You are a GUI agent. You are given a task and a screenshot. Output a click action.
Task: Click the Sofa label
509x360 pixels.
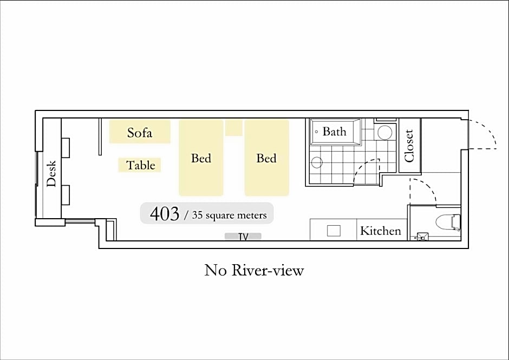point(140,133)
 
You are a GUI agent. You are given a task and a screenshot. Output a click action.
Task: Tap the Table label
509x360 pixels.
point(141,165)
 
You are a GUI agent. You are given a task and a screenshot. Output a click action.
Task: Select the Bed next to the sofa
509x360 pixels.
point(201,158)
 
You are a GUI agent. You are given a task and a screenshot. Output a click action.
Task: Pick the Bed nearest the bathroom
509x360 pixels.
point(266,158)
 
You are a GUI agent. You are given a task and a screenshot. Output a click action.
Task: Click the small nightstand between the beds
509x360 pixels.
point(234,128)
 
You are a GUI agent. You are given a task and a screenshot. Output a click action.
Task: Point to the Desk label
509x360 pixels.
point(51,173)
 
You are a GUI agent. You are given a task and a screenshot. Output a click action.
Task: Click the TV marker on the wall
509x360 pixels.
point(243,237)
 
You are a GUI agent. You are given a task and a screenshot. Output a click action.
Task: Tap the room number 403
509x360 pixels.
point(165,214)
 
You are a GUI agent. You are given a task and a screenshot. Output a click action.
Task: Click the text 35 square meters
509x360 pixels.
point(229,215)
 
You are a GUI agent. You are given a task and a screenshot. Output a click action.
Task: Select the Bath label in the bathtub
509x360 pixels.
point(334,132)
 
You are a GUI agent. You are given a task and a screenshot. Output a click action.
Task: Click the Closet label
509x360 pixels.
point(409,146)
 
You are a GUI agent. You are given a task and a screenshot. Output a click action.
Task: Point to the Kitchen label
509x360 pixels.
point(381,231)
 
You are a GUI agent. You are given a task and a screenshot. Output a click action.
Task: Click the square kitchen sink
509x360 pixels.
point(334,231)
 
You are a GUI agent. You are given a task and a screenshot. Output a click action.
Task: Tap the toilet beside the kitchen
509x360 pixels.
point(448,222)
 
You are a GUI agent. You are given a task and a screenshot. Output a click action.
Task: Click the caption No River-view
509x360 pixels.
point(254,270)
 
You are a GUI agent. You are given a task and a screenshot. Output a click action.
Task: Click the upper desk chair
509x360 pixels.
point(66,148)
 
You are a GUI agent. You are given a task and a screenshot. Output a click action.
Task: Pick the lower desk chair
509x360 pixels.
point(66,195)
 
